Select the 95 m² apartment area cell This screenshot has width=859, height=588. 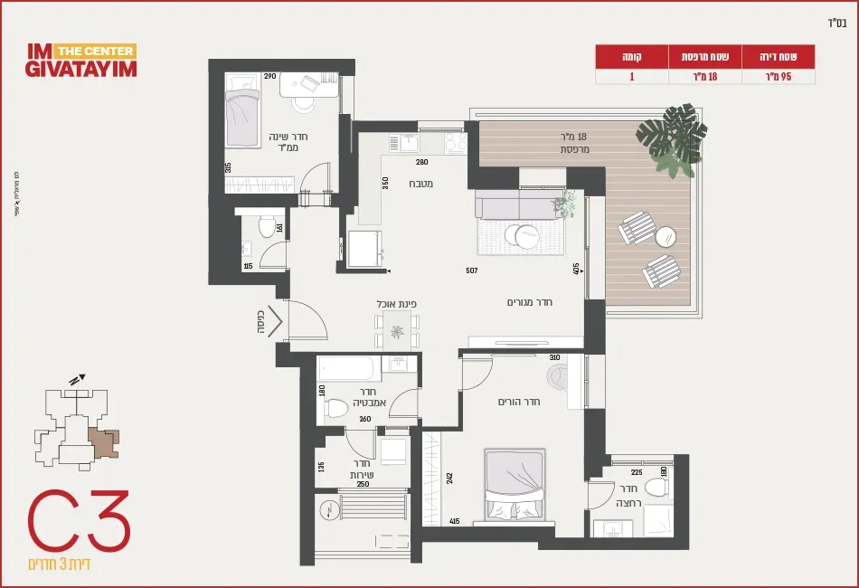click(779, 77)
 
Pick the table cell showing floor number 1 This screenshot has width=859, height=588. click(632, 77)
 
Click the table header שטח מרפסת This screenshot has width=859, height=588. click(704, 56)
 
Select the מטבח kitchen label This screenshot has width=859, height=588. click(420, 185)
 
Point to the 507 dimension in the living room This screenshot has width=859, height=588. click(471, 270)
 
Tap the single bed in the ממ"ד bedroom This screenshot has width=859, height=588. click(241, 113)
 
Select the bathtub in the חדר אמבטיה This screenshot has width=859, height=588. click(345, 369)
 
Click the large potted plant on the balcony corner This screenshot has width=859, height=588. click(673, 138)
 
